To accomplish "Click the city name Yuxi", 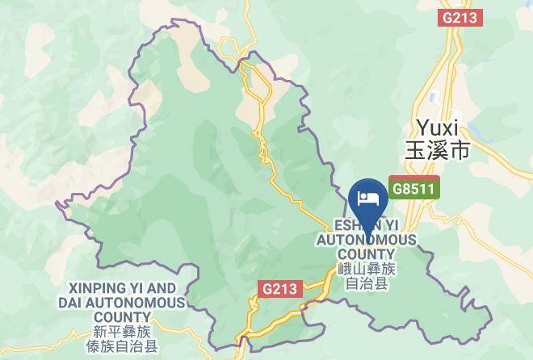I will point(437,128).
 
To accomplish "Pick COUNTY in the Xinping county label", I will point(121,316).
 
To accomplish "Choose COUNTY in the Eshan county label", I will point(367,254).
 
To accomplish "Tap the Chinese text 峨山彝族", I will point(367,270).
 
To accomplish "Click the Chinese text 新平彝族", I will point(122,332).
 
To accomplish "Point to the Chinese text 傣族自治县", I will point(122,347).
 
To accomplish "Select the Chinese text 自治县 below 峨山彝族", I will point(367,284).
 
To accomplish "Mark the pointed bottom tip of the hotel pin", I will point(368,229).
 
